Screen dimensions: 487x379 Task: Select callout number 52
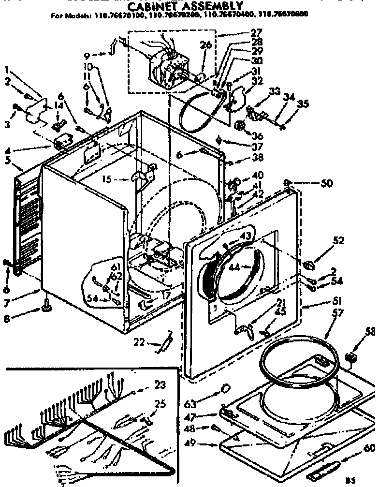point(338,240)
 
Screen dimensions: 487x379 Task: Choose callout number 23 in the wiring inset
point(159,385)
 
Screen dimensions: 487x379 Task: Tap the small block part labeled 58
point(352,358)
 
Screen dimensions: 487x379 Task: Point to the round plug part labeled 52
point(310,265)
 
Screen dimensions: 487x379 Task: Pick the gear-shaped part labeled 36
point(240,126)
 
